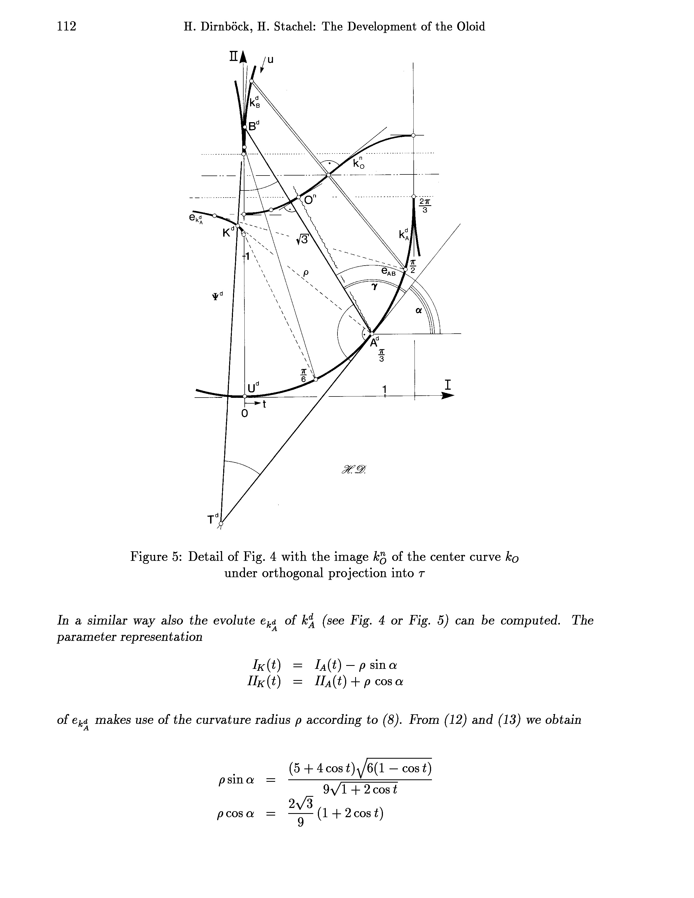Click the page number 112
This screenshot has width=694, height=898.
[67, 27]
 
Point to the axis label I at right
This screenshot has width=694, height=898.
[448, 385]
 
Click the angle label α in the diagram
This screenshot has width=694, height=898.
[419, 311]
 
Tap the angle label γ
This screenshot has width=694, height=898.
[374, 287]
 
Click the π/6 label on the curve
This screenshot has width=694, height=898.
[303, 376]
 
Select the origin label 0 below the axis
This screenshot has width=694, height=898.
[244, 414]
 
